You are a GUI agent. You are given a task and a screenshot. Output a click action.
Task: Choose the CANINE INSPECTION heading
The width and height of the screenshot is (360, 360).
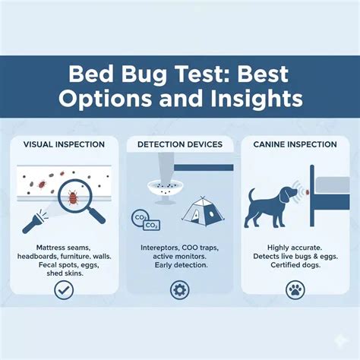[x=295, y=144]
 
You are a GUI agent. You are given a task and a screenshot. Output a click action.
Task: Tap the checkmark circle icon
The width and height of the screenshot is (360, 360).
[x=65, y=289]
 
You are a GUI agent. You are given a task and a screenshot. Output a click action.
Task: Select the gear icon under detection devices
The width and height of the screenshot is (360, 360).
[x=180, y=289]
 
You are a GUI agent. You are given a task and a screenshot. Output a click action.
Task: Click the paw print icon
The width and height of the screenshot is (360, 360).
[x=295, y=289]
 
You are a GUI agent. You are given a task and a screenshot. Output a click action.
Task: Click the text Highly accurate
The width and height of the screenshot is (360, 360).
[x=295, y=248]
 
